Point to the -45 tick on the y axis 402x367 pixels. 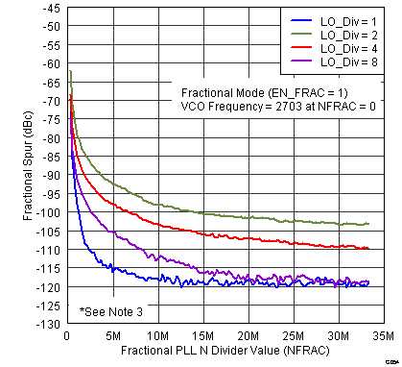click(x=48, y=9)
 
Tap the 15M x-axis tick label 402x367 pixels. click(x=201, y=336)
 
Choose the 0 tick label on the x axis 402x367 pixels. click(x=65, y=336)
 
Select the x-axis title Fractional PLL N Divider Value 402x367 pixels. click(x=225, y=352)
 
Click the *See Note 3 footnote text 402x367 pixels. click(x=112, y=312)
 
